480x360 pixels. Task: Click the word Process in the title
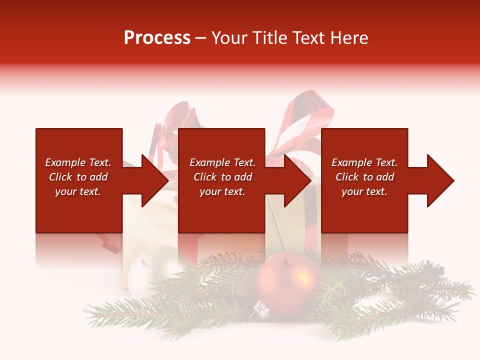pyautogui.click(x=157, y=38)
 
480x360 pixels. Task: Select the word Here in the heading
pyautogui.click(x=349, y=38)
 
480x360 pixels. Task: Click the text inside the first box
pyautogui.click(x=78, y=177)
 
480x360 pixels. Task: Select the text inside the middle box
pyautogui.click(x=222, y=177)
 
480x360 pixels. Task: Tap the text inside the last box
pyautogui.click(x=364, y=177)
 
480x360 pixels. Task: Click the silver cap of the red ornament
pyautogui.click(x=261, y=311)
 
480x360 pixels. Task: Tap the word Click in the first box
pyautogui.click(x=61, y=177)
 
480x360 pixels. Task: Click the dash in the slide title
pyautogui.click(x=201, y=38)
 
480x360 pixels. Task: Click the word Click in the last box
pyautogui.click(x=347, y=177)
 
